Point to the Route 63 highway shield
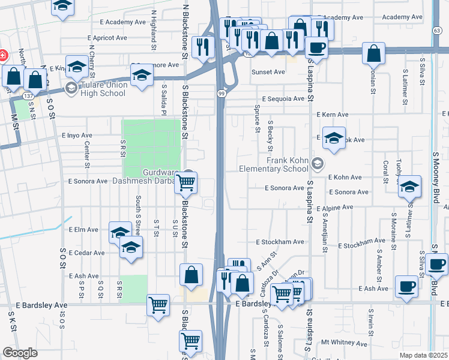pyautogui.click(x=437, y=29)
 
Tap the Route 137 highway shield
pyautogui.click(x=28, y=95)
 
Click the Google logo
pyautogui.click(x=20, y=353)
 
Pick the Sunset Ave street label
pyautogui.click(x=268, y=72)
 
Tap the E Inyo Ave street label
pyautogui.click(x=77, y=136)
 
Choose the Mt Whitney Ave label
pyautogui.click(x=343, y=342)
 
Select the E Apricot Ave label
pyautogui.click(x=107, y=37)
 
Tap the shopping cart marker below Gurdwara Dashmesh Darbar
pyautogui.click(x=186, y=185)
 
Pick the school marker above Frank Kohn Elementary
pyautogui.click(x=334, y=138)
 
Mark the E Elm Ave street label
pyautogui.click(x=83, y=229)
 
